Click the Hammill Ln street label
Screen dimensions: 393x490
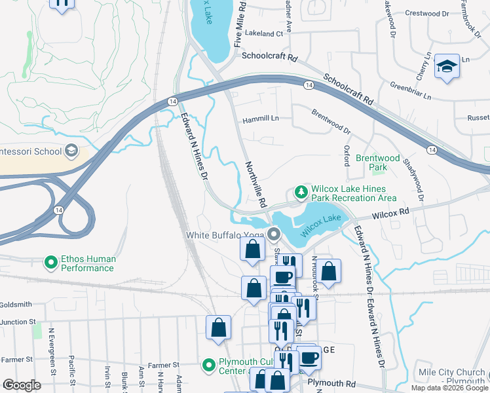[x=261, y=119]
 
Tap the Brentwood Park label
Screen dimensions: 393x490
[x=377, y=162]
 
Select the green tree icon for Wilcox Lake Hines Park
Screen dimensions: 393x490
[x=301, y=192]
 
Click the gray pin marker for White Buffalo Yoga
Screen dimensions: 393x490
[x=273, y=234]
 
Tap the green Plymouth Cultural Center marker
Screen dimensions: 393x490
[x=208, y=364]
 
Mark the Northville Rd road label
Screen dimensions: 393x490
[x=255, y=184]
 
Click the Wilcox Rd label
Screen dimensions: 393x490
[x=390, y=213]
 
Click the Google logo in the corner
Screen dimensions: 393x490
[x=22, y=385]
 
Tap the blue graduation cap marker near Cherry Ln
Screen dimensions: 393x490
[x=447, y=67]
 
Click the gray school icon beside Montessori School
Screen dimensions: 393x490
[x=71, y=151]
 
